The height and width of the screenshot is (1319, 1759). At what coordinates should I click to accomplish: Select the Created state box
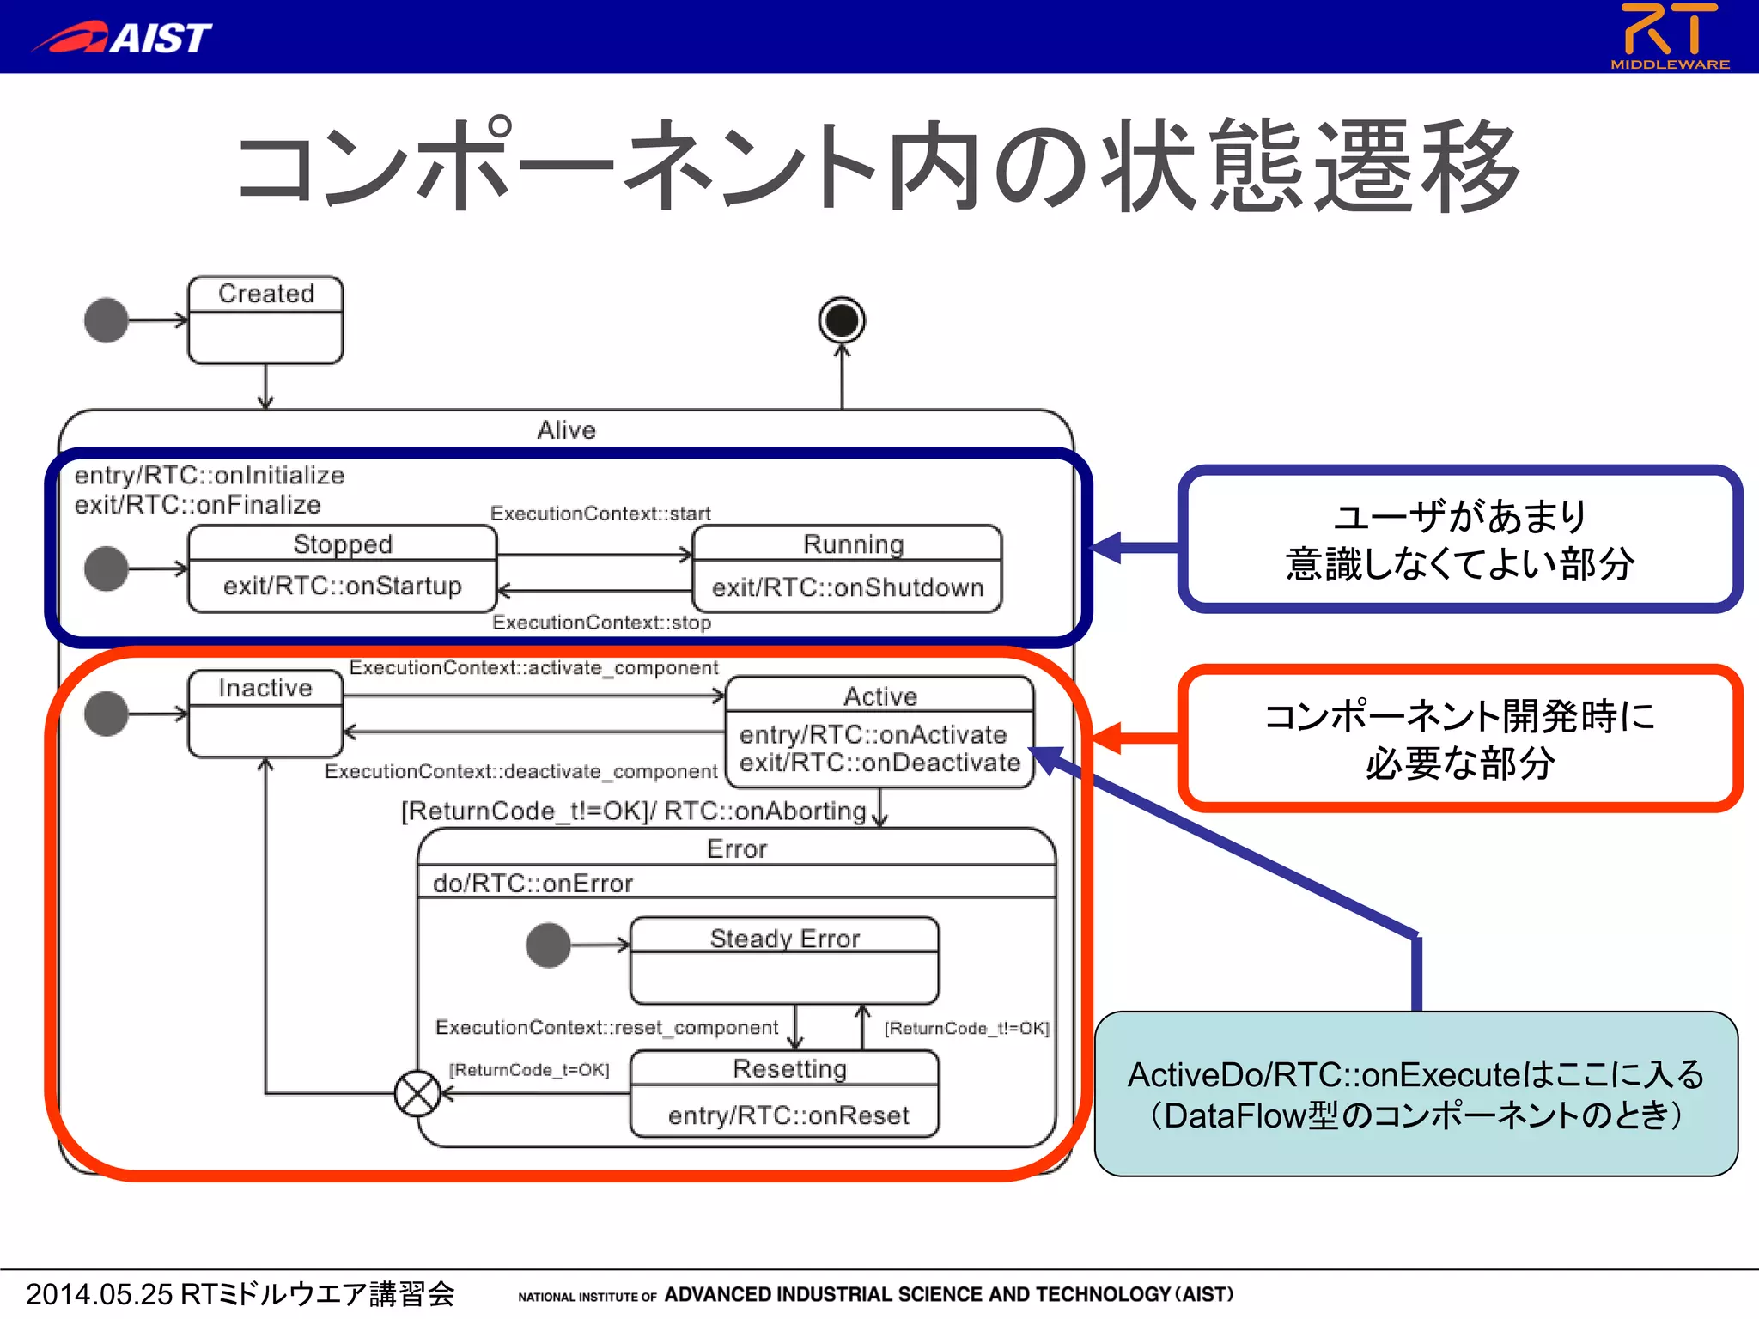point(265,319)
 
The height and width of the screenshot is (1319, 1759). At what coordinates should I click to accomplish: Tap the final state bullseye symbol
point(842,320)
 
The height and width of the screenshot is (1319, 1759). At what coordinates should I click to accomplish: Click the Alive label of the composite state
point(566,429)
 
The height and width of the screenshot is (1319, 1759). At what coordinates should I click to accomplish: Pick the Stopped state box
point(342,568)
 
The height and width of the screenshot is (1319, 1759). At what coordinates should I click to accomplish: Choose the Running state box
point(847,568)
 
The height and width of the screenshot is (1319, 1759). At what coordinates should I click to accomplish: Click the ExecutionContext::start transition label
point(600,514)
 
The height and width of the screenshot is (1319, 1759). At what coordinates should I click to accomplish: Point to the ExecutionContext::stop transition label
point(601,623)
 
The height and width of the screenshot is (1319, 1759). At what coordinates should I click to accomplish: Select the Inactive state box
point(265,714)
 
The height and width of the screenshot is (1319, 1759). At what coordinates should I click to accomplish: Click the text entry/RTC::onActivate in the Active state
point(873,734)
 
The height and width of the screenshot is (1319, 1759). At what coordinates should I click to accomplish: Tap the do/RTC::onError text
point(533,883)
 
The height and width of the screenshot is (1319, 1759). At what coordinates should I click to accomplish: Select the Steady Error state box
point(784,960)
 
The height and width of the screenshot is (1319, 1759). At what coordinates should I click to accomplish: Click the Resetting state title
point(789,1069)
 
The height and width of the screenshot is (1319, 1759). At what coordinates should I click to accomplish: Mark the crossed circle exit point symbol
point(417,1094)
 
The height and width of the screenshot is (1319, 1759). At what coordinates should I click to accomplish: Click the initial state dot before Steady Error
point(548,945)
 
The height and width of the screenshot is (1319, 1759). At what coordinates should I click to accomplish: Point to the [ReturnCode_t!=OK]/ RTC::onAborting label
point(634,811)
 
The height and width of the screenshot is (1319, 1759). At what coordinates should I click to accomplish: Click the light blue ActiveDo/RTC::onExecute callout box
point(1415,1094)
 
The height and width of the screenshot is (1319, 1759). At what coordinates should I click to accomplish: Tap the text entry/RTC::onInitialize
point(210,475)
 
